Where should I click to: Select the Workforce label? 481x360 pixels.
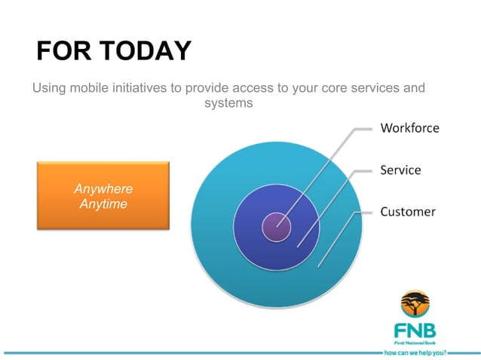tap(409, 128)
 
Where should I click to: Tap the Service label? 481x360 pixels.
tap(400, 170)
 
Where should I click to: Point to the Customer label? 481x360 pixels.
tap(407, 212)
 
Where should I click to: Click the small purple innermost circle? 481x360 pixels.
tap(276, 225)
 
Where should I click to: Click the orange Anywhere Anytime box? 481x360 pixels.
tap(103, 195)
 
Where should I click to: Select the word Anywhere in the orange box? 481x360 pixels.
tap(103, 189)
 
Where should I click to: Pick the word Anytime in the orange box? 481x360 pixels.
tap(103, 204)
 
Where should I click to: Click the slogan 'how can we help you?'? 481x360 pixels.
tap(415, 352)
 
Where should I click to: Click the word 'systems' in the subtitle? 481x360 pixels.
tap(228, 102)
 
